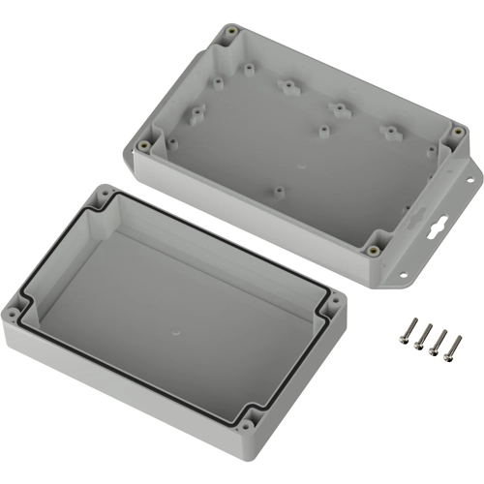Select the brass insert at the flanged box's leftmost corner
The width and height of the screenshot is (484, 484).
pos(144,146)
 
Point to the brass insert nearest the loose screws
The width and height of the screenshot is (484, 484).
pos(372,249)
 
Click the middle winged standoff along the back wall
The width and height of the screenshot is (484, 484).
pos(339,108)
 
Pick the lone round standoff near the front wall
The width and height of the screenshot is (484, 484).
pos(280,191)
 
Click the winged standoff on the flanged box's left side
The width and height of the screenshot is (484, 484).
pos(203,109)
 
